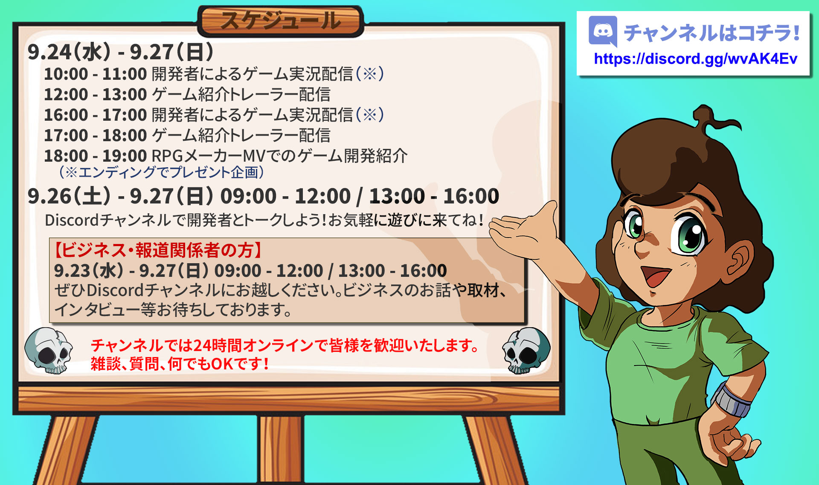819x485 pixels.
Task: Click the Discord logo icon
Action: tap(603, 31)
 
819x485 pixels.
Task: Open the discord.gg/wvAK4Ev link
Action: tap(695, 59)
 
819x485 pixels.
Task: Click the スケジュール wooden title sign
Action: tap(281, 21)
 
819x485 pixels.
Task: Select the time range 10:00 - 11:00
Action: tap(96, 74)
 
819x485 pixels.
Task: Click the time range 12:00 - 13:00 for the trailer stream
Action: tap(96, 94)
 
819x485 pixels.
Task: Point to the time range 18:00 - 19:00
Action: tap(96, 156)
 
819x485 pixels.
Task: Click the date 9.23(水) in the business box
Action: tap(89, 270)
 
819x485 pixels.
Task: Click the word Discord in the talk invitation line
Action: tap(72, 220)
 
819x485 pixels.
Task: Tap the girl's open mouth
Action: tap(655, 275)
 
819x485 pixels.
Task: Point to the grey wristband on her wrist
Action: tap(731, 400)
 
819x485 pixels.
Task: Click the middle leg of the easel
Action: tap(281, 450)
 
